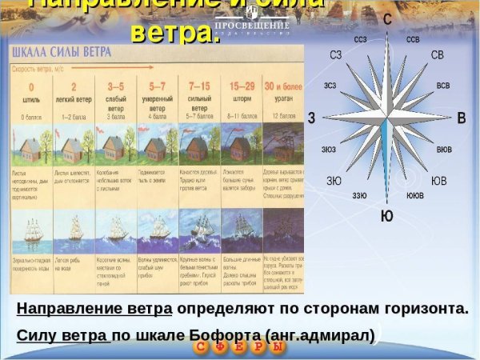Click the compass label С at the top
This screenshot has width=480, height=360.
387,18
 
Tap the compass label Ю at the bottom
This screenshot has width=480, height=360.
386,216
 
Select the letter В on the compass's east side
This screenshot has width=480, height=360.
461,118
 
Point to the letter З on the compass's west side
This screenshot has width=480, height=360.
311,118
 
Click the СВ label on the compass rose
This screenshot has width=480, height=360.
437,55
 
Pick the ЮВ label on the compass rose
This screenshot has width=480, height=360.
439,181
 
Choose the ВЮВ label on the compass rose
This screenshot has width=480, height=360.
444,150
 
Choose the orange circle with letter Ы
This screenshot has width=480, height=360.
277,348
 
